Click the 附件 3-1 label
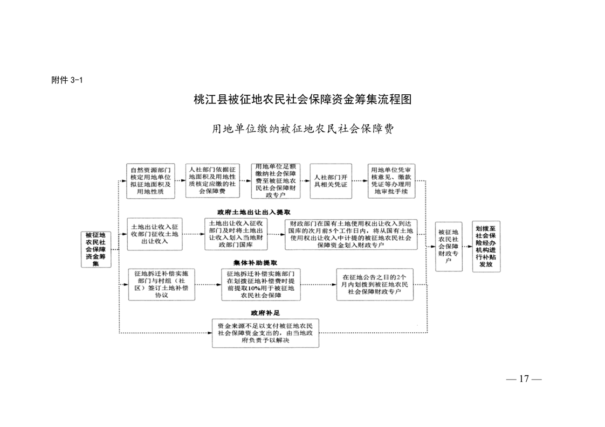point(66,80)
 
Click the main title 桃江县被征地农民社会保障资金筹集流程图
point(302,100)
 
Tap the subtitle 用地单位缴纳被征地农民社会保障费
point(302,129)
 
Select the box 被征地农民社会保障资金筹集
point(95,249)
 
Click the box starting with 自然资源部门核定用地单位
point(150,181)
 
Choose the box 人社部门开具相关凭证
point(331,181)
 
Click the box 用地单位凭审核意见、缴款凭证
point(391,181)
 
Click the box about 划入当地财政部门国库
point(236,234)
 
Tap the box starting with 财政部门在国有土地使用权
point(351,234)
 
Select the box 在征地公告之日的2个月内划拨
point(375,284)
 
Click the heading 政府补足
point(265,312)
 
